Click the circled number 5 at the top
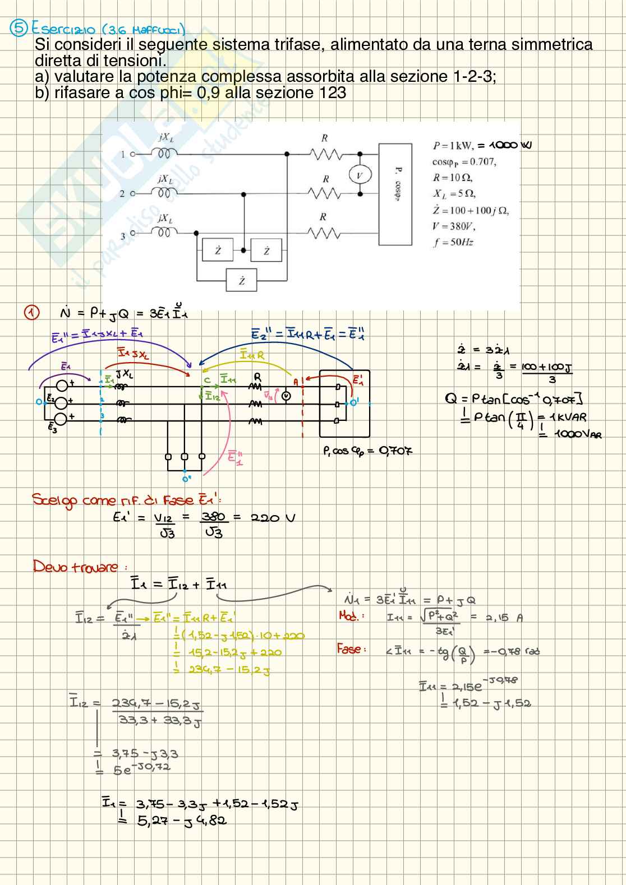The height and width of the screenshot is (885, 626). pos(19,27)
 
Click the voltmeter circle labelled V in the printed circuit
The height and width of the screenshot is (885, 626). pos(360,175)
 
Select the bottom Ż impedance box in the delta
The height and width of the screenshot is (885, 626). pos(241,280)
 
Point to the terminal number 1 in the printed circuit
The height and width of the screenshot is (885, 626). pos(123,154)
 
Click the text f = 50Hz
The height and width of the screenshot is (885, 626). pos(453,243)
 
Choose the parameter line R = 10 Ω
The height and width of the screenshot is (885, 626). pos(452,178)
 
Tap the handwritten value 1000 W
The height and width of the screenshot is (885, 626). pos(510,145)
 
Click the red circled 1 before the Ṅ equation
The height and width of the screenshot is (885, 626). pos(32,313)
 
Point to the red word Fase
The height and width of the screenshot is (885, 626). pos(351,649)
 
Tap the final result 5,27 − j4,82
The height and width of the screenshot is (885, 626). pos(182,821)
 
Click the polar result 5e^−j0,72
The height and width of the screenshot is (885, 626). pos(142,769)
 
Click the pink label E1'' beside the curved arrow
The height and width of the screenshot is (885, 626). pos(235,456)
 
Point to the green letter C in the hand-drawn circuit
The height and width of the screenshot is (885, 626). pos(207,381)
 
